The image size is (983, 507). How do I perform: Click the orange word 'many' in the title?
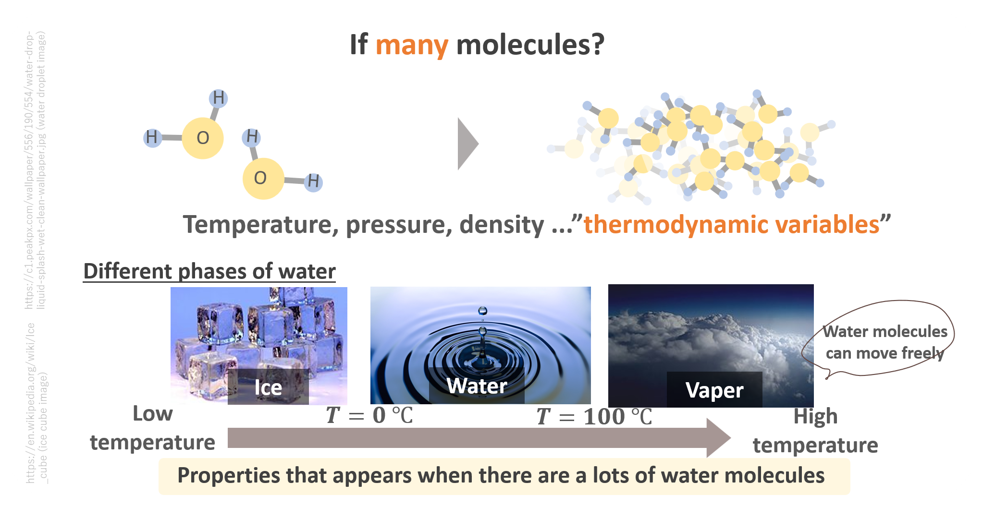point(412,46)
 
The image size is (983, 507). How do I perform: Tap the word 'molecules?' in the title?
point(530,45)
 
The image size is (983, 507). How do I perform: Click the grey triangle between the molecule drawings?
point(468,144)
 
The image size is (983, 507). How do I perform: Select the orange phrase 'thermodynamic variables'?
point(732,224)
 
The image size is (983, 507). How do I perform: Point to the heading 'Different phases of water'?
point(209,271)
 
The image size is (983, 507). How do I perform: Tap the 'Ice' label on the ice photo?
point(268,387)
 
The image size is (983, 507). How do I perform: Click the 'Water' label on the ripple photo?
point(477,386)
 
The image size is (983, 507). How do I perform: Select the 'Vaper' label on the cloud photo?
point(714,390)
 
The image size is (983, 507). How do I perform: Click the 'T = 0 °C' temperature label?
point(369,415)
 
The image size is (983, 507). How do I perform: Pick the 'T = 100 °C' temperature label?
point(594,416)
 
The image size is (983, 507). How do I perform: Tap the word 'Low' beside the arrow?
point(153,413)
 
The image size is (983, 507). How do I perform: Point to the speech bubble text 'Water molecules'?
point(885,331)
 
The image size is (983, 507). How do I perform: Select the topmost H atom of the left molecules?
point(219,98)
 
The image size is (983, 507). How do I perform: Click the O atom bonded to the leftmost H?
point(203,138)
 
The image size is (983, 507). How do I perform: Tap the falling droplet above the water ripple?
point(483,311)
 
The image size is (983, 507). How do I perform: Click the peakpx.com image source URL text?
point(29,170)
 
